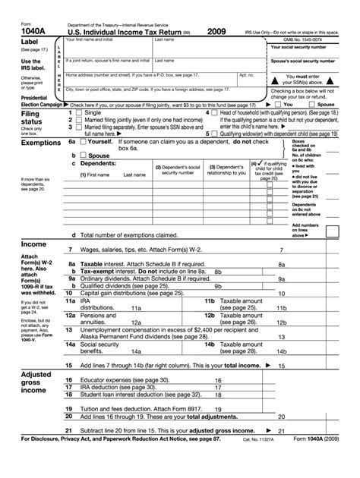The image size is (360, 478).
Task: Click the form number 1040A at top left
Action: point(17,31)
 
